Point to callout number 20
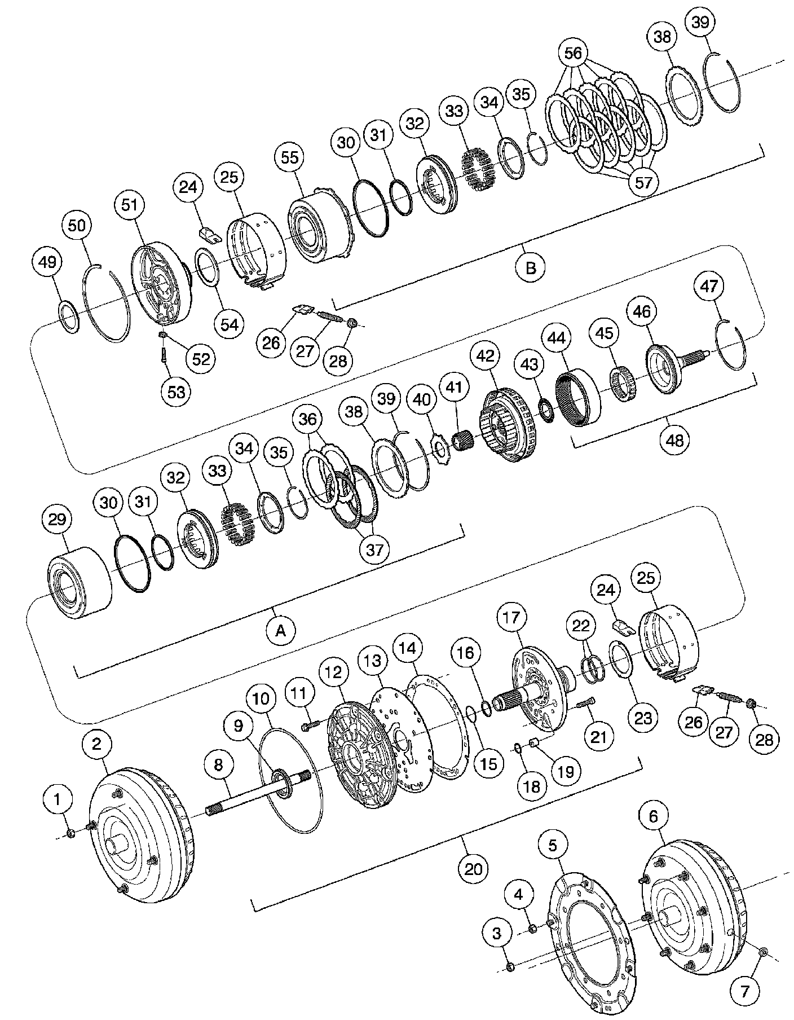474,868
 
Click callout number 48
674,439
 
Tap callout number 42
485,356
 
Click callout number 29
58,520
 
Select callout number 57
643,182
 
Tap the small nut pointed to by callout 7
762,952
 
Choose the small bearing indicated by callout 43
545,408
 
